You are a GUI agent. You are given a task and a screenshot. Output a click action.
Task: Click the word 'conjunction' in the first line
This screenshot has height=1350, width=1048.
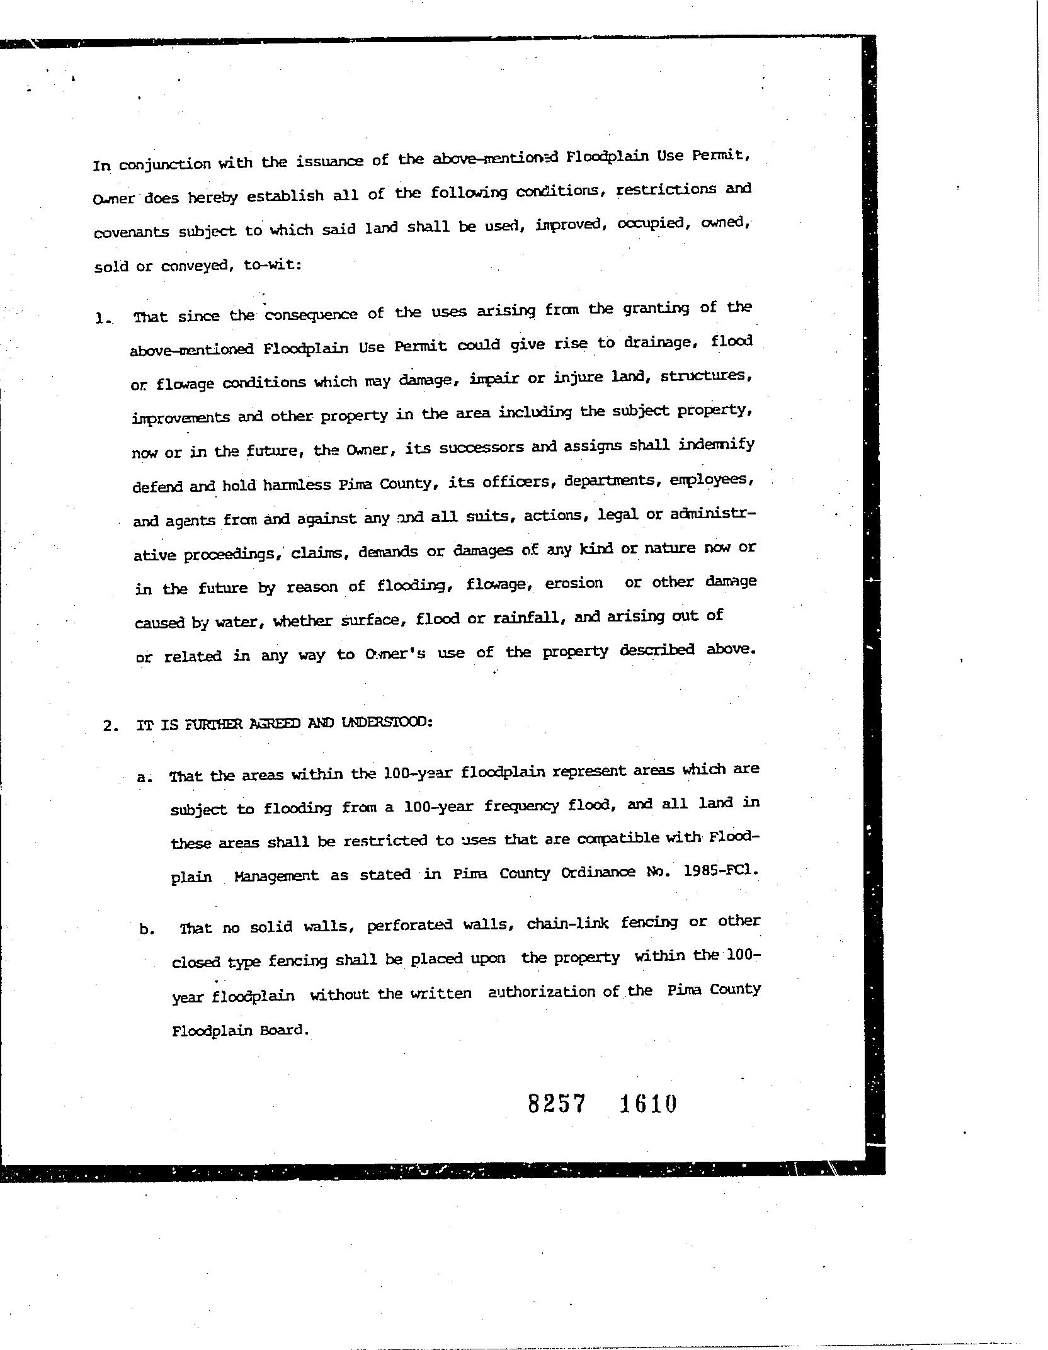(x=165, y=165)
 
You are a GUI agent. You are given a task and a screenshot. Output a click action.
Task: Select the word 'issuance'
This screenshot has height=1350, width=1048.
(x=329, y=162)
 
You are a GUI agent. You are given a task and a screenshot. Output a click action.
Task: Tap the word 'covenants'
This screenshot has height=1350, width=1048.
(x=132, y=232)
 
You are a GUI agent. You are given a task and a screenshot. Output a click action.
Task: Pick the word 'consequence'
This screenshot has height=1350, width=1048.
(x=310, y=314)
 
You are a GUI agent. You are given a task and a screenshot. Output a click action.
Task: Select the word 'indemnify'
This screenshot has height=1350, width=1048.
(x=717, y=445)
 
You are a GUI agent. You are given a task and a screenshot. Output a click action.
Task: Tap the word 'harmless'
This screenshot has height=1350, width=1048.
(x=297, y=485)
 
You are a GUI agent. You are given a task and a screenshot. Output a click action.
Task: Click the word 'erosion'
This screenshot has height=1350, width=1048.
(x=573, y=583)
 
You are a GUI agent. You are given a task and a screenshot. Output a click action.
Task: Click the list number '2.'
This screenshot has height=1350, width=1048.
(x=111, y=725)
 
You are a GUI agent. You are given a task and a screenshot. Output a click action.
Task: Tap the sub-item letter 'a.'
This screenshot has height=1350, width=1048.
(x=145, y=777)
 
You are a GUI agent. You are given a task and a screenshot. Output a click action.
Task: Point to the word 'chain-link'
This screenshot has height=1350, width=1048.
(x=567, y=924)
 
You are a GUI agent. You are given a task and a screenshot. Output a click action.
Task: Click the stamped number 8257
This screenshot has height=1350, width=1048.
(x=557, y=1104)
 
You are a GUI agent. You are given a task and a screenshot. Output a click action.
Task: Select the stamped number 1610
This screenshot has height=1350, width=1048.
(x=648, y=1104)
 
